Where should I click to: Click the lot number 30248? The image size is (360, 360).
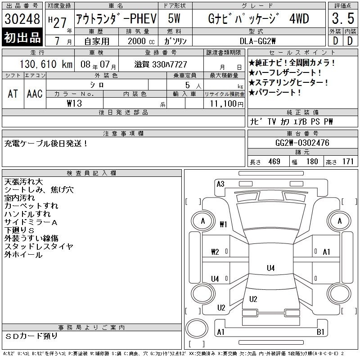click(22, 18)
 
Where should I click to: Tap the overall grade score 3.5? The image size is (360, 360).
click(343, 18)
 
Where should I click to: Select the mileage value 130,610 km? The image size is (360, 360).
click(46, 64)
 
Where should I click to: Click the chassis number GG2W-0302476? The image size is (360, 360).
click(302, 143)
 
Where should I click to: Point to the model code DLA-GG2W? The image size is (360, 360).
click(257, 41)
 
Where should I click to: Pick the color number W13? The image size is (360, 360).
click(74, 103)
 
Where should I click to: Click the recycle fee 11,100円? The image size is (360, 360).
click(226, 104)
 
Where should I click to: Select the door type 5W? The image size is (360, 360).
click(174, 18)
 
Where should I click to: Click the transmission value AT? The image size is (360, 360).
click(13, 94)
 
